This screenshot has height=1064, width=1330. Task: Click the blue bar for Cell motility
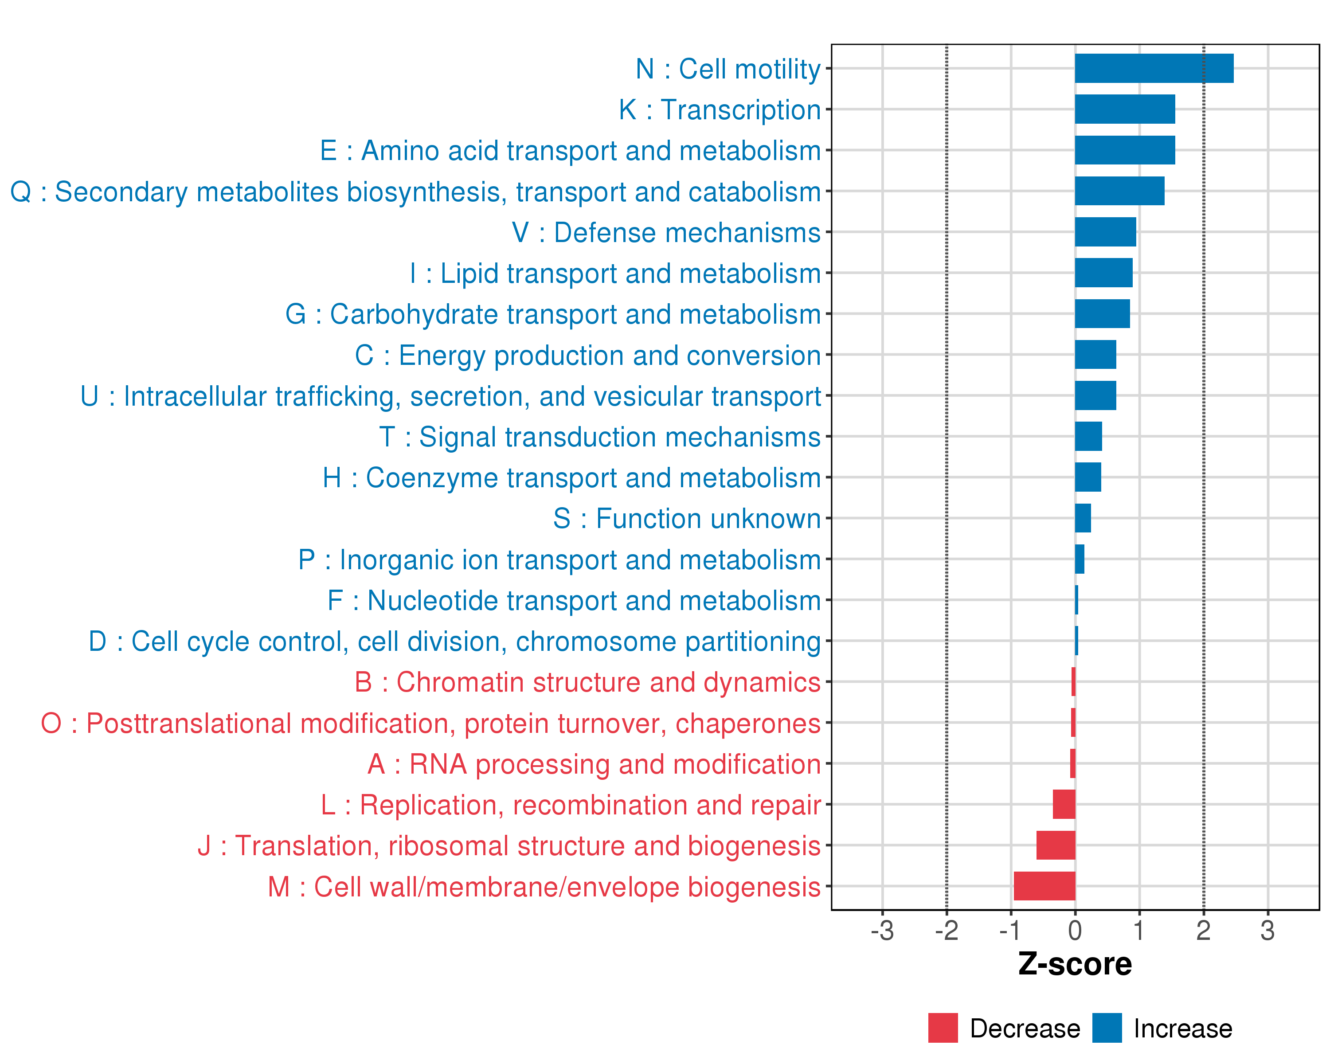(1154, 68)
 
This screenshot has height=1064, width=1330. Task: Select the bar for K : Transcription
(1125, 109)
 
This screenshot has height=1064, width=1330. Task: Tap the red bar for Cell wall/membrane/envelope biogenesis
(1044, 886)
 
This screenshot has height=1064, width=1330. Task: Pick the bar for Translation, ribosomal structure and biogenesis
(1056, 845)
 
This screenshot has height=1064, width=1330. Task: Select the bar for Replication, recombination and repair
(1064, 804)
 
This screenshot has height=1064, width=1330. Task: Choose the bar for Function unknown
(1083, 518)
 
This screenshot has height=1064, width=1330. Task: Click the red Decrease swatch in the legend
(943, 1028)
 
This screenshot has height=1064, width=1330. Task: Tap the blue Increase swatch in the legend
(1107, 1028)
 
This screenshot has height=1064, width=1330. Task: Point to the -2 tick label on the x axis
(947, 931)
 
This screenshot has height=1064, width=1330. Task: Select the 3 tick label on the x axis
(1267, 931)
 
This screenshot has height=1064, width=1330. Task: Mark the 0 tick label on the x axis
(1075, 931)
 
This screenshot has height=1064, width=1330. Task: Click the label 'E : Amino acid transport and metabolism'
(570, 150)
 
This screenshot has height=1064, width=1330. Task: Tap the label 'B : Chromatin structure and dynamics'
(587, 682)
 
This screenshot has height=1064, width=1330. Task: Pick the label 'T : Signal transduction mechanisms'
(600, 437)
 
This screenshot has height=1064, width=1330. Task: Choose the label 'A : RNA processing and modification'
(594, 764)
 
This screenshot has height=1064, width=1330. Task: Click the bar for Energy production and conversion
(1095, 355)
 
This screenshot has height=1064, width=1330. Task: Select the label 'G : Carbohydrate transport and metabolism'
(553, 314)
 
